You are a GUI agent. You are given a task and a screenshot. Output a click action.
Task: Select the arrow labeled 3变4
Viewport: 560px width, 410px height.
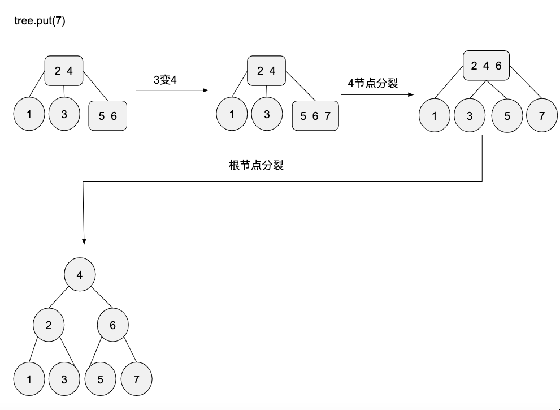[172, 90]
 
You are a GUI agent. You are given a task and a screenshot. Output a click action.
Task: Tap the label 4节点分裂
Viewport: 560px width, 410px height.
[373, 83]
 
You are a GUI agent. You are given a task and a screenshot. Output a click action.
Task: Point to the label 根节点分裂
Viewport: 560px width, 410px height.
[255, 166]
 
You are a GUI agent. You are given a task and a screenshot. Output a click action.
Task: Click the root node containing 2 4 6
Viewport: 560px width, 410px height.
[487, 65]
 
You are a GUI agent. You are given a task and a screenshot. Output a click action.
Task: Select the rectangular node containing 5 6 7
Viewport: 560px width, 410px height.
[315, 116]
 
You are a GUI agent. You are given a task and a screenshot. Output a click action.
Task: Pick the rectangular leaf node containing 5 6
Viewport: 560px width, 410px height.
[107, 116]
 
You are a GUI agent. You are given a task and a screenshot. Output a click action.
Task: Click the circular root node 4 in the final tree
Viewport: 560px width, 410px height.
[80, 275]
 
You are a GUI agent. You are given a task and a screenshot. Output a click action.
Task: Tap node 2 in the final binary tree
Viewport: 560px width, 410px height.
[48, 325]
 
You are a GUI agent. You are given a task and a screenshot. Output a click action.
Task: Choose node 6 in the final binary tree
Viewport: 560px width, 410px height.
[112, 325]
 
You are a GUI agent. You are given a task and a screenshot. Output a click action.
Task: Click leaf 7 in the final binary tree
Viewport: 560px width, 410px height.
[136, 379]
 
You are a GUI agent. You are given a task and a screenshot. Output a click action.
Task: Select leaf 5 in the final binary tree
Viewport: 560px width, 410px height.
[101, 379]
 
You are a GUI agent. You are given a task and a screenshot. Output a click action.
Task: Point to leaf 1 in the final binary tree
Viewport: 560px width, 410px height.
[29, 379]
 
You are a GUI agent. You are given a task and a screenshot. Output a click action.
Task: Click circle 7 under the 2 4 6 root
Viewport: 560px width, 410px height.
[542, 116]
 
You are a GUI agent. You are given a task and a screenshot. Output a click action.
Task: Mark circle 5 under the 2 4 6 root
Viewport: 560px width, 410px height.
[507, 116]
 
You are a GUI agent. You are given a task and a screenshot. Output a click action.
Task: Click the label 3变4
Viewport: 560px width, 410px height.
[165, 80]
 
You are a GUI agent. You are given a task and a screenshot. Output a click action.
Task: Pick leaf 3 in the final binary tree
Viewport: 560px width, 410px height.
[64, 379]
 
